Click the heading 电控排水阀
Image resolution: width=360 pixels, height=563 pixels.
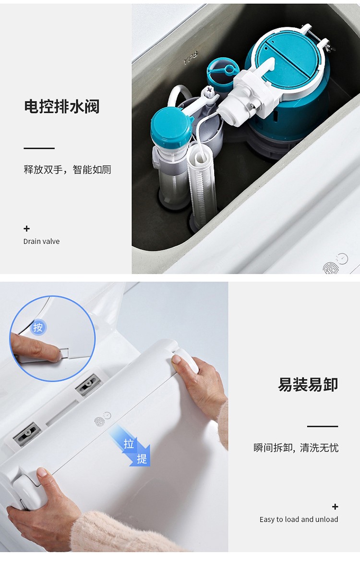pyautogui.click(x=62, y=107)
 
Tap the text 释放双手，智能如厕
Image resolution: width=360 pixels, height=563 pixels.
pyautogui.click(x=68, y=170)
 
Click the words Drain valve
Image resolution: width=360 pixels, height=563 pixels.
pyautogui.click(x=42, y=241)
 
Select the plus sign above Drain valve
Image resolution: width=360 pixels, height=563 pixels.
pyautogui.click(x=26, y=229)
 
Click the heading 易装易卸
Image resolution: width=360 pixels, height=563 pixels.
pyautogui.click(x=308, y=385)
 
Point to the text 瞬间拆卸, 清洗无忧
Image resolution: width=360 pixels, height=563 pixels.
pyautogui.click(x=296, y=448)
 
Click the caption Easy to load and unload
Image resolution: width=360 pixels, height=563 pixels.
pyautogui.click(x=299, y=520)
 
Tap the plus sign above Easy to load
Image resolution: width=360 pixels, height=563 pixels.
pyautogui.click(x=335, y=507)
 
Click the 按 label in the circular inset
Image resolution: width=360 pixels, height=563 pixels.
pyautogui.click(x=38, y=328)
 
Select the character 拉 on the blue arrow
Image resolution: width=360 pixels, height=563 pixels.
pyautogui.click(x=129, y=444)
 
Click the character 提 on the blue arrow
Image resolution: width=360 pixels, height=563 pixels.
pyautogui.click(x=142, y=459)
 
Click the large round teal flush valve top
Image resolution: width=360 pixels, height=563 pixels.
pyautogui.click(x=289, y=65)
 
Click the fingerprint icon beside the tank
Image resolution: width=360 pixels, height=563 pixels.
pyautogui.click(x=331, y=268)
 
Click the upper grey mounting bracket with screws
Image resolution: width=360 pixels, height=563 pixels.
pyautogui.click(x=88, y=385)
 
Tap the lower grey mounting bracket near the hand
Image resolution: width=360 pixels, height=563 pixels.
pyautogui.click(x=26, y=434)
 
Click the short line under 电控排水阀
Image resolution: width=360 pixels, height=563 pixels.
pyautogui.click(x=39, y=148)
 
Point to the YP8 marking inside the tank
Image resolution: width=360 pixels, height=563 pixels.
pyautogui.click(x=191, y=58)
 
